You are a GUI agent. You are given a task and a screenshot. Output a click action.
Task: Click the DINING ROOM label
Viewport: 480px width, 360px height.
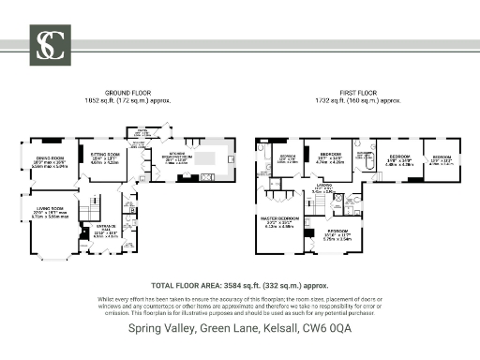click(50, 160)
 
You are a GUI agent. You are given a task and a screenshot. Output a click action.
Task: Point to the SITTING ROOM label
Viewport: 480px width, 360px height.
click(104, 159)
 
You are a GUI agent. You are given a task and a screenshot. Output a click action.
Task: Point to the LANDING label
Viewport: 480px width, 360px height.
click(323, 188)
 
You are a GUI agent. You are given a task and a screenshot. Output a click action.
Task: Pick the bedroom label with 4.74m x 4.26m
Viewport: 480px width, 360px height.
click(330, 157)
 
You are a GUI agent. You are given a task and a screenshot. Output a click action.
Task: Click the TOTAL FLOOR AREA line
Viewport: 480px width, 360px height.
click(239, 285)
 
